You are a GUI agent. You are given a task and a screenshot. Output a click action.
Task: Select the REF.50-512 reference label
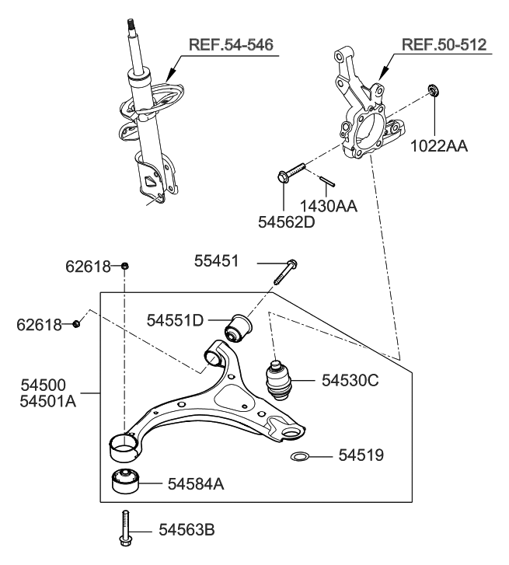444,44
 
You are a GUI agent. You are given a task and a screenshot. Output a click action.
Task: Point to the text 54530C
350,380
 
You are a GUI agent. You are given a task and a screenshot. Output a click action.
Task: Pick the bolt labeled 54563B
124,531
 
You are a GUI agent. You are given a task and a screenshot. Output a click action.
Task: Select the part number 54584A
197,483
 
